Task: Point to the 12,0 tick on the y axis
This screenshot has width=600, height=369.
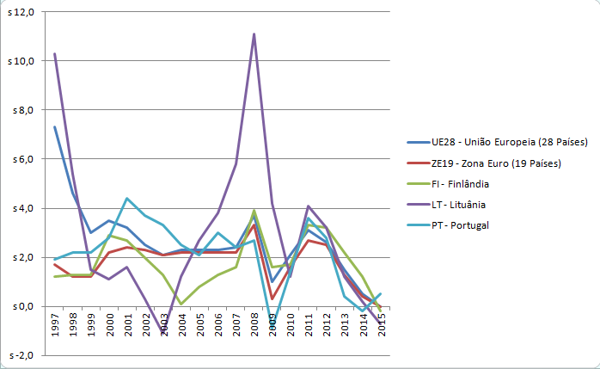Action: click(x=20, y=12)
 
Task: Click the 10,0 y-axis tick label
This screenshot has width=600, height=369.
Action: click(x=20, y=61)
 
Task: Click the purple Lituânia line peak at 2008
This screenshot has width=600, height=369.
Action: click(x=254, y=34)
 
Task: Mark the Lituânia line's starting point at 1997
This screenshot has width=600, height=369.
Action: click(x=55, y=53)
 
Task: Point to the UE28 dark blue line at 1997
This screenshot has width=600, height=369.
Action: click(x=55, y=127)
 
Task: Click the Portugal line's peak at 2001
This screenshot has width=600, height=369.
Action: click(x=127, y=199)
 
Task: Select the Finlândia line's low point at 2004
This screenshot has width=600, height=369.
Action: click(x=181, y=304)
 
